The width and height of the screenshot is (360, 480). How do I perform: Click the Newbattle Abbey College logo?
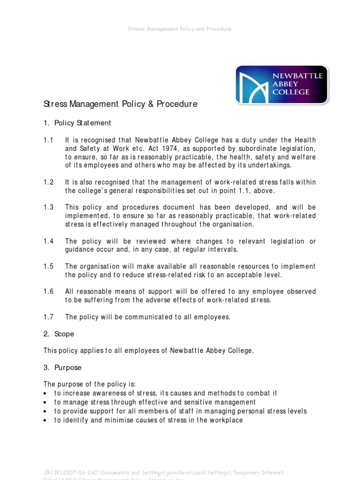coord(282,84)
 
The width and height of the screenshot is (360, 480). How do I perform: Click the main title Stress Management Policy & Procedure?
coord(120,104)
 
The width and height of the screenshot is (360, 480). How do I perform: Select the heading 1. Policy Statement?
coord(77,123)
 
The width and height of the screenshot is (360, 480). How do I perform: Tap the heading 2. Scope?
coord(59,334)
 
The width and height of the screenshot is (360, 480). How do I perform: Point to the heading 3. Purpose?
coord(62,368)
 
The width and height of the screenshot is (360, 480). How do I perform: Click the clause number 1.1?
coord(49,140)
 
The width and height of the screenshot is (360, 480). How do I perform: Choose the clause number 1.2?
coord(49,182)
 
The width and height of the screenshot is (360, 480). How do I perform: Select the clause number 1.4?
coord(49,241)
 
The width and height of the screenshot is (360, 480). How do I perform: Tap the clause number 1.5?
coord(49,267)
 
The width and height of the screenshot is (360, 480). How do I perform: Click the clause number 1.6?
coord(49,292)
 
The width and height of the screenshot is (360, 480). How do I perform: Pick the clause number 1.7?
coord(49,317)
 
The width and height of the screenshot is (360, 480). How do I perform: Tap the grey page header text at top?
coord(180,29)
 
